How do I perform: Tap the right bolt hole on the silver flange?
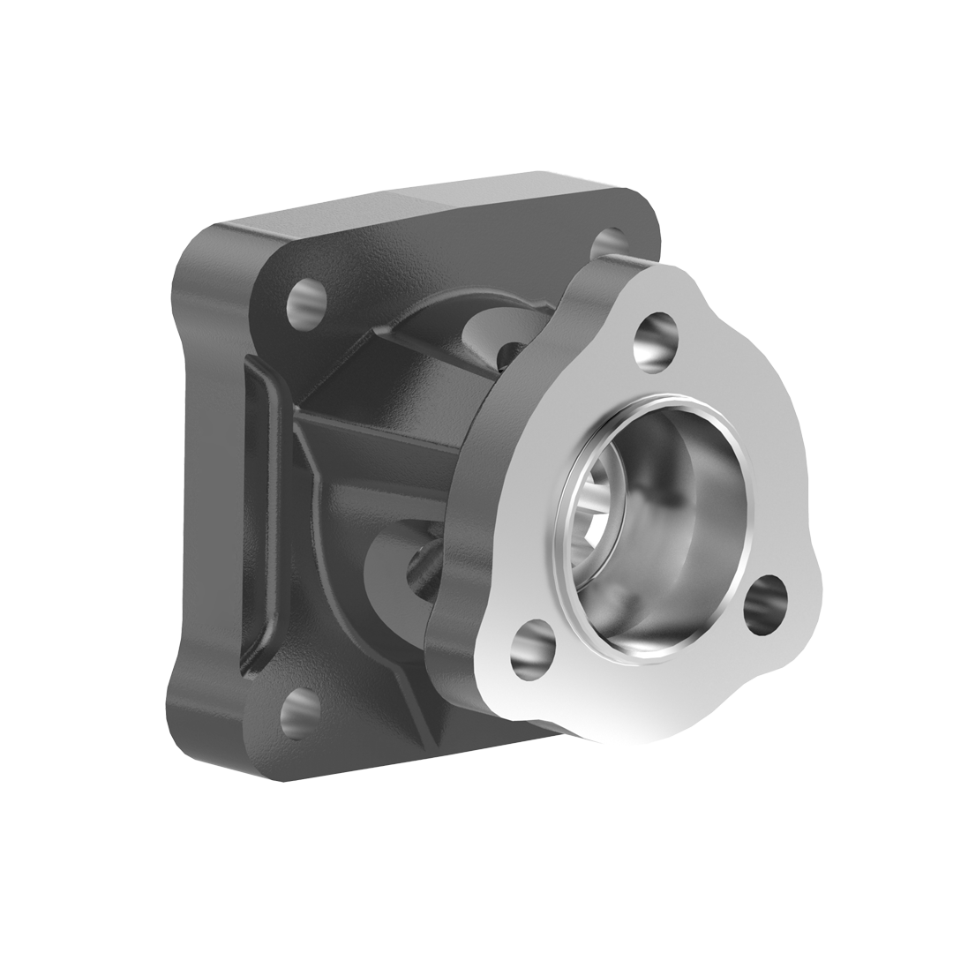click(764, 604)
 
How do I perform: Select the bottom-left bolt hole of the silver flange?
click(533, 649)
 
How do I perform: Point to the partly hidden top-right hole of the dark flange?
click(609, 243)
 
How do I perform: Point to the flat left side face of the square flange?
click(199, 494)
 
